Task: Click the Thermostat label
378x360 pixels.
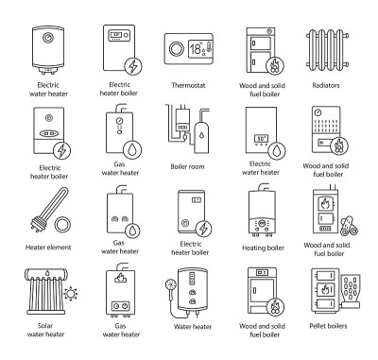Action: point(188,85)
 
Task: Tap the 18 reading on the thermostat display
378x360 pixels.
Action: point(195,49)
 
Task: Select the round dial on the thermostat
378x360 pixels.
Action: point(176,49)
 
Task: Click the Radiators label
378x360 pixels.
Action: point(326,85)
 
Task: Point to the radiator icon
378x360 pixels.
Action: point(328,50)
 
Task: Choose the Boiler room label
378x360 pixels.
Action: point(187,166)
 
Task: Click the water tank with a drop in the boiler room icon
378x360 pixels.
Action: point(201,137)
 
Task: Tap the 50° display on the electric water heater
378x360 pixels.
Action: point(261,139)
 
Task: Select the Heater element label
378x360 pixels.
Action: point(48,248)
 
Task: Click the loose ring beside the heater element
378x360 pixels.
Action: point(62,226)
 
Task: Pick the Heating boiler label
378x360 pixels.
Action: point(263,249)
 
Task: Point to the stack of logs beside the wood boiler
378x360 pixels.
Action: point(349,226)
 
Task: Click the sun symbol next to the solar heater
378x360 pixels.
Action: point(71,294)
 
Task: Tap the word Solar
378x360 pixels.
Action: point(45,326)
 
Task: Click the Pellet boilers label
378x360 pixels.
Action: point(328,326)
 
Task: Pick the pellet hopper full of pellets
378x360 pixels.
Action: point(351,287)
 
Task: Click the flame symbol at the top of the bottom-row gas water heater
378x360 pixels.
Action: point(119,278)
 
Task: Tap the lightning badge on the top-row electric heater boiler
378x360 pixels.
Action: point(133,66)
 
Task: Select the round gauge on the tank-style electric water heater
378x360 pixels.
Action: point(48,38)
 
